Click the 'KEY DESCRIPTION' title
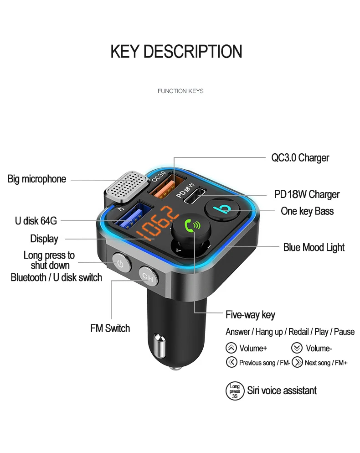click(176, 51)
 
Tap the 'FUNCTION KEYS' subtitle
click(180, 91)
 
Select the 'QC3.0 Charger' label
click(300, 158)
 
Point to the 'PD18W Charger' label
click(307, 194)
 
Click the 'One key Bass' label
click(307, 211)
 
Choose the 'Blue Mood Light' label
click(314, 247)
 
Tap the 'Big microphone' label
click(37, 179)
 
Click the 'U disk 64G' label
click(36, 221)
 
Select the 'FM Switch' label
click(110, 328)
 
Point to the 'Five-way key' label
click(250, 315)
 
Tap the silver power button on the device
click(120, 263)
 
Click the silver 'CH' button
click(147, 276)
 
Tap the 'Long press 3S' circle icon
click(235, 391)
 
